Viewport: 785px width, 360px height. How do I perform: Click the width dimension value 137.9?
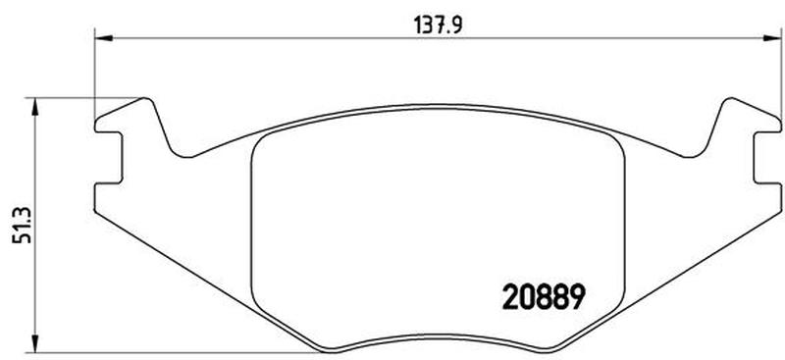[x=438, y=26]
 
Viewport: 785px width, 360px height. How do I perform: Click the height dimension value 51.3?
[x=23, y=226]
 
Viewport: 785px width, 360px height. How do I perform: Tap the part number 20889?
[x=544, y=297]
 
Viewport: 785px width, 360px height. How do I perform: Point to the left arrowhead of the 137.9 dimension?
[x=104, y=38]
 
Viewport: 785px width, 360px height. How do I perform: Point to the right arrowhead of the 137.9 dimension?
[x=771, y=38]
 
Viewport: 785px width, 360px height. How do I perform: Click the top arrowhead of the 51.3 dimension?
[x=34, y=107]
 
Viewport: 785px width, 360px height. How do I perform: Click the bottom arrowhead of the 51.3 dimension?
[x=34, y=343]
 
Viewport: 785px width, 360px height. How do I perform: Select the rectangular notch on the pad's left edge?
[x=109, y=158]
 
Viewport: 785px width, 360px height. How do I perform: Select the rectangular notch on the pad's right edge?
[x=767, y=158]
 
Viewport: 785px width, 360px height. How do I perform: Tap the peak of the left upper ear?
[x=145, y=98]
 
